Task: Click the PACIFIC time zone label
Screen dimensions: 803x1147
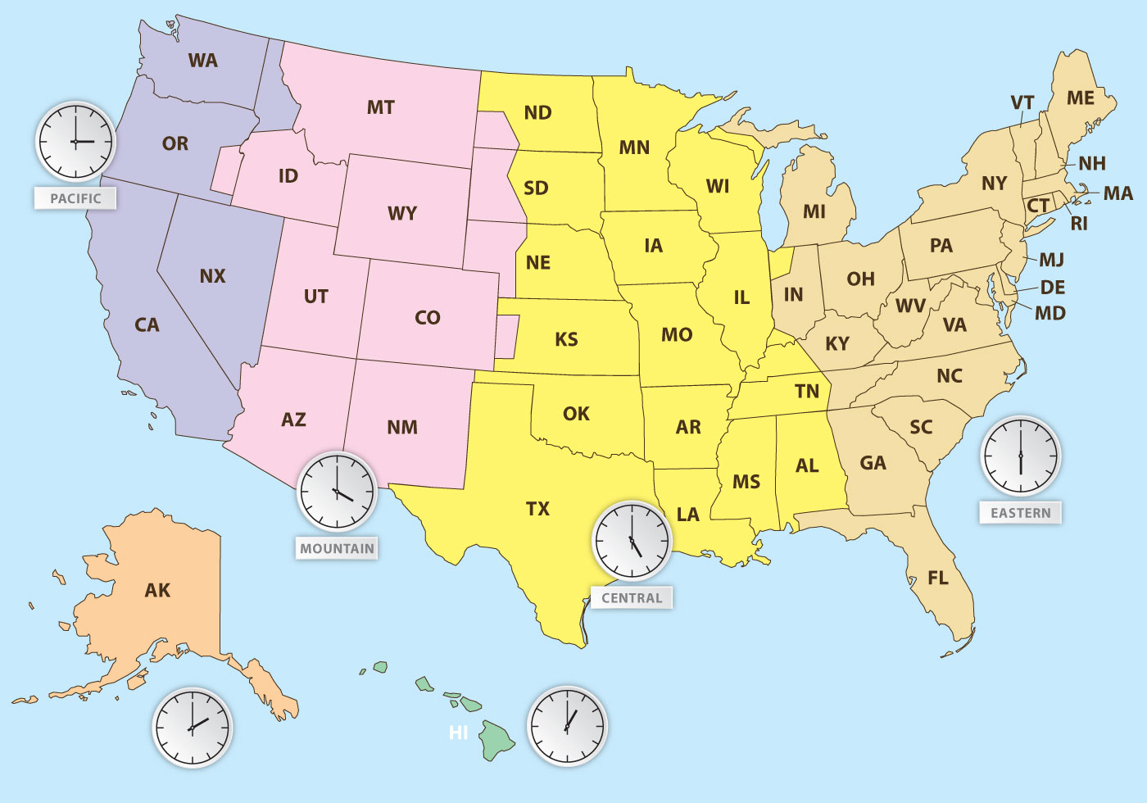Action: pos(75,198)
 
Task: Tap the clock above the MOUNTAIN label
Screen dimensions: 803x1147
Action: pos(337,492)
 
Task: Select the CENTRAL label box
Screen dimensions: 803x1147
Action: pos(632,598)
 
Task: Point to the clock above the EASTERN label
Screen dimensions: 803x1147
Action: pos(1021,456)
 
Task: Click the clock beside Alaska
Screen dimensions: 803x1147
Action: pos(193,728)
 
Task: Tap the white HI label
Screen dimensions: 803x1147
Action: pos(459,733)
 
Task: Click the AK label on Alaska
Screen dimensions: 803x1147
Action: pos(157,591)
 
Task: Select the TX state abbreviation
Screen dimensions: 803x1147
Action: pos(537,509)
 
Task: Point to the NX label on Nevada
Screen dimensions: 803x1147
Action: pos(212,276)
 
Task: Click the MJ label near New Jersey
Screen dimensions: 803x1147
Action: pos(1051,261)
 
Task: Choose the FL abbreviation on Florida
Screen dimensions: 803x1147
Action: pos(938,578)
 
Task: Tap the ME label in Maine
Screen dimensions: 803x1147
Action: pos(1081,98)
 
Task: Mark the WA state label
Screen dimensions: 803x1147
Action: pos(202,61)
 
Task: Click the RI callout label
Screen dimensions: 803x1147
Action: pos(1079,224)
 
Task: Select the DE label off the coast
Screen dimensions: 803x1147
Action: pos(1053,288)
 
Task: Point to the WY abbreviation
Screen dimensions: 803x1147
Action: pos(402,214)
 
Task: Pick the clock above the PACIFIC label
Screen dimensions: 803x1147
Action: pos(75,142)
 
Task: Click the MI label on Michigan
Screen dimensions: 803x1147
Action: pos(814,212)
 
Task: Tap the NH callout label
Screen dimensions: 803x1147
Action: pos(1092,164)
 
